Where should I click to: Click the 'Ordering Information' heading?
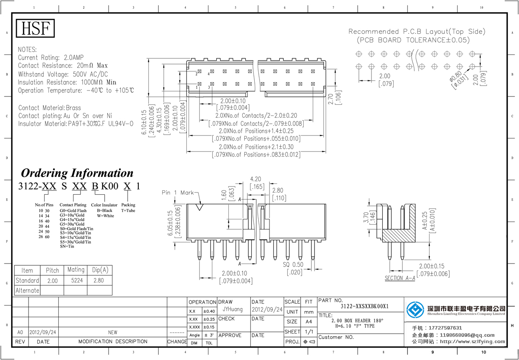click(x=77, y=173)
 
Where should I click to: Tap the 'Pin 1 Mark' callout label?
click(x=178, y=193)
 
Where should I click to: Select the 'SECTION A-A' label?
click(x=400, y=278)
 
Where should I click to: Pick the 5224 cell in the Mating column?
click(x=76, y=280)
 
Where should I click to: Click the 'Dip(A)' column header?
click(x=100, y=270)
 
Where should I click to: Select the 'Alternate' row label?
click(x=27, y=290)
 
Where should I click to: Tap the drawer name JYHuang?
click(x=232, y=309)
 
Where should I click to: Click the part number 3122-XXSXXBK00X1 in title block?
click(x=365, y=306)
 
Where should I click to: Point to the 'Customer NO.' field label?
click(x=336, y=337)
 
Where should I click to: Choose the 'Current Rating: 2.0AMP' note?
click(x=51, y=58)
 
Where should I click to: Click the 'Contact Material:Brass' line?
click(x=49, y=108)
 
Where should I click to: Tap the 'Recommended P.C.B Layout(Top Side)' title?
click(x=417, y=32)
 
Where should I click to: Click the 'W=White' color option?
click(x=105, y=215)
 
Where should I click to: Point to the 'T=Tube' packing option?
click(x=128, y=210)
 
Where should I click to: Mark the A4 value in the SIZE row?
click(x=308, y=321)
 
